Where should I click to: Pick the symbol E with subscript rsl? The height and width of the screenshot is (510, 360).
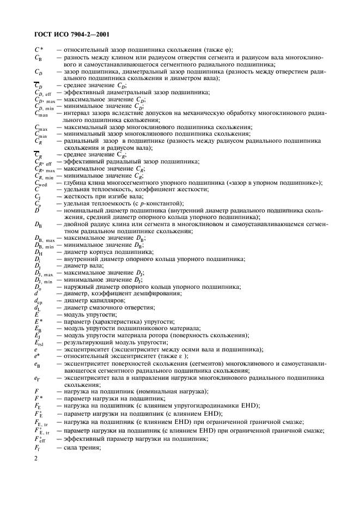pos(39,342)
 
